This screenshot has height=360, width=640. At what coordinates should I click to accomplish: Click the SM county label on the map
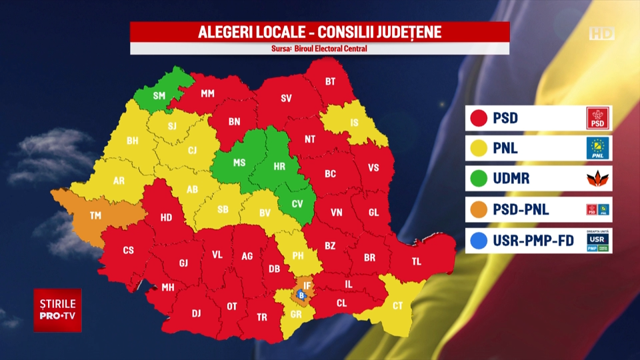pyautogui.click(x=159, y=95)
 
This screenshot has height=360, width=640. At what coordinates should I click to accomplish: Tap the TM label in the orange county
pyautogui.click(x=96, y=215)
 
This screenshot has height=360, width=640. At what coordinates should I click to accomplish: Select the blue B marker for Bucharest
pyautogui.click(x=301, y=295)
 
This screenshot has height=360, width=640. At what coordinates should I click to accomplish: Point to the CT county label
pyautogui.click(x=398, y=306)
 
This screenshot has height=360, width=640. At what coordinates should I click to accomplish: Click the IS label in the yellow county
pyautogui.click(x=354, y=123)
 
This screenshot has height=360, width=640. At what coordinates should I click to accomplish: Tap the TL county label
pyautogui.click(x=417, y=261)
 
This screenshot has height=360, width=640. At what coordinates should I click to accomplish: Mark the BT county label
pyautogui.click(x=331, y=82)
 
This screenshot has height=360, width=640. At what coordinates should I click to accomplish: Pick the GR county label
pyautogui.click(x=296, y=314)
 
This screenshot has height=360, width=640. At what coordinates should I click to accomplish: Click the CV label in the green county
pyautogui.click(x=297, y=203)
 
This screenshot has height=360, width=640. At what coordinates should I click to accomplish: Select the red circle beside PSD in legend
pyautogui.click(x=477, y=119)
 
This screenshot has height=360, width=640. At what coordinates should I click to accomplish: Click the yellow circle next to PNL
pyautogui.click(x=477, y=149)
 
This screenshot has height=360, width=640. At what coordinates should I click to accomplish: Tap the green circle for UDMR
pyautogui.click(x=477, y=179)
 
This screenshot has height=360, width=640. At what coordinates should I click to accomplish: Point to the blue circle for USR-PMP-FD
pyautogui.click(x=477, y=241)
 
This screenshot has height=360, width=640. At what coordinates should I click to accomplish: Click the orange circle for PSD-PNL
pyautogui.click(x=477, y=210)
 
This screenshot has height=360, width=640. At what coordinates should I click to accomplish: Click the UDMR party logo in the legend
pyautogui.click(x=598, y=179)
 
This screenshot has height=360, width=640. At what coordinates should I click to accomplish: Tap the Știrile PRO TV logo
pyautogui.click(x=59, y=310)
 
